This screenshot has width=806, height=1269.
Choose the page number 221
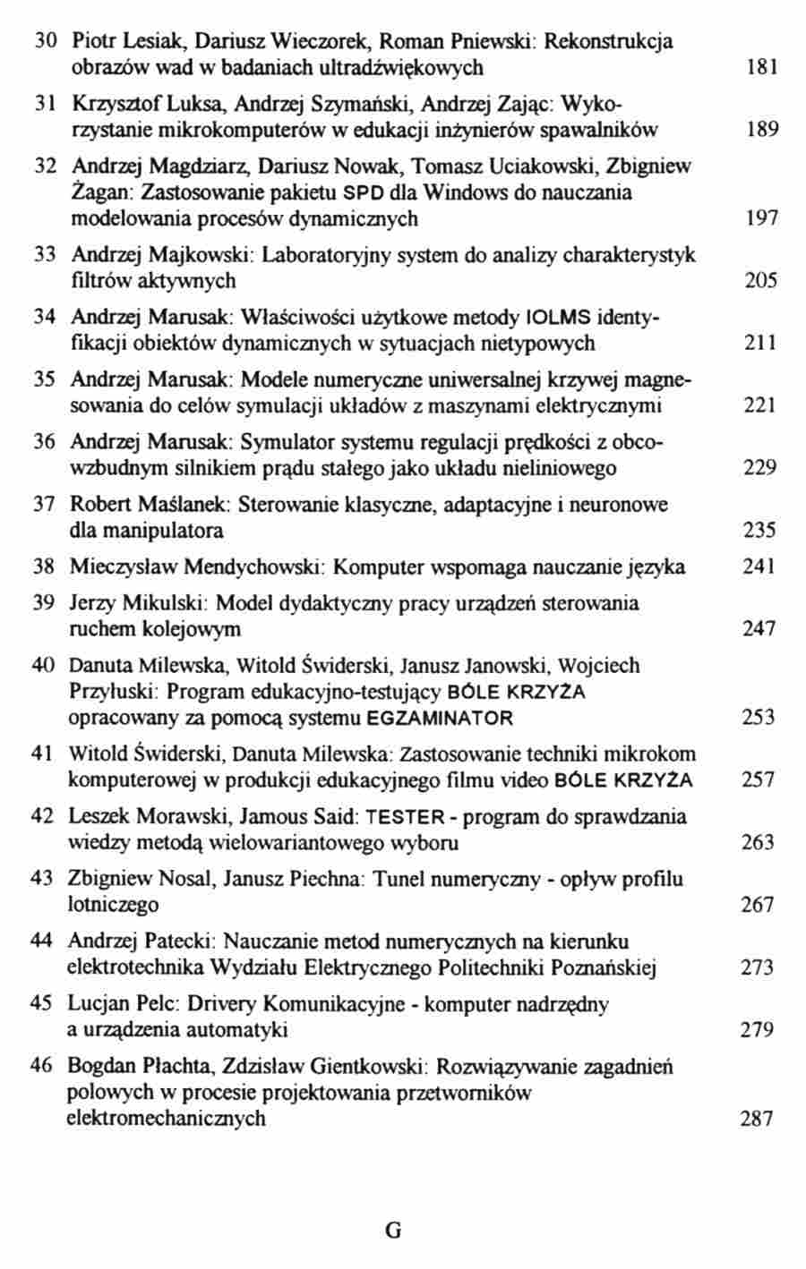click(x=760, y=406)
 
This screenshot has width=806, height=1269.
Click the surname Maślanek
click(x=193, y=504)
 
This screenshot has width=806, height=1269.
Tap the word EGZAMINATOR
click(x=440, y=718)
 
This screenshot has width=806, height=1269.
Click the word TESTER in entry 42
click(x=406, y=816)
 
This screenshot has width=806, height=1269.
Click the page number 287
click(x=757, y=1119)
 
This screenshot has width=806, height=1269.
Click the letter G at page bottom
click(x=392, y=1230)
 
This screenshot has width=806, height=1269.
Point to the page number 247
click(x=759, y=629)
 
